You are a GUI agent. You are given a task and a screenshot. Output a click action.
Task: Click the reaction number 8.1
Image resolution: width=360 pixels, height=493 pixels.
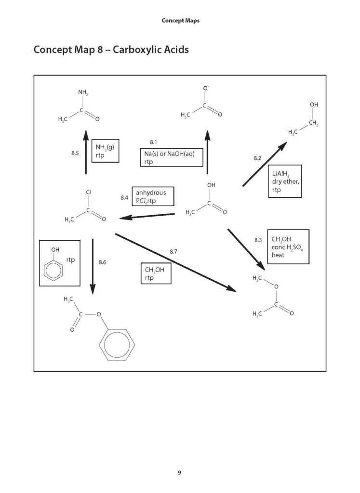pos(153,142)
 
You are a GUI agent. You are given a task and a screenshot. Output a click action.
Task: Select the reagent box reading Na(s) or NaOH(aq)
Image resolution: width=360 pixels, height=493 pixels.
pos(172,157)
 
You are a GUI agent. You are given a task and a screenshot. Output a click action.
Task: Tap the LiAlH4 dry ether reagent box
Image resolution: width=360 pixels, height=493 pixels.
pos(285,181)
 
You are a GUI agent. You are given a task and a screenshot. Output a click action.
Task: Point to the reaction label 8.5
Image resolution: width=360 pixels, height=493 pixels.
pos(75,153)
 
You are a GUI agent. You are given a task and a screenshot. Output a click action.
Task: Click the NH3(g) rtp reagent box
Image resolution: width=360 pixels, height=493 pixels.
pos(106,151)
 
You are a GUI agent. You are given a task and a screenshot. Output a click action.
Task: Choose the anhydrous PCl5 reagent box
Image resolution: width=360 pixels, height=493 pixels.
pos(153,196)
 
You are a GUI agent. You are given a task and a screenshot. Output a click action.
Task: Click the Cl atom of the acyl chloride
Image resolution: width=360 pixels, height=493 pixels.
pos(89,192)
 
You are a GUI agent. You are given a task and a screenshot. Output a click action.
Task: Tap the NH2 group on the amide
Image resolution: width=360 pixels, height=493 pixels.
pos(83,92)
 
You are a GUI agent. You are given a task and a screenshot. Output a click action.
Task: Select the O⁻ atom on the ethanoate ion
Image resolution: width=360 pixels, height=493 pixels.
pos(206,89)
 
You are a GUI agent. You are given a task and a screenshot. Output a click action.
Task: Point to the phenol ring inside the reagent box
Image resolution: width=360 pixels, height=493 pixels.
pos(53,270)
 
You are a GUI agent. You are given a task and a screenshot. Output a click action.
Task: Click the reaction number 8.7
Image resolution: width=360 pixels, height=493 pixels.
pos(173,251)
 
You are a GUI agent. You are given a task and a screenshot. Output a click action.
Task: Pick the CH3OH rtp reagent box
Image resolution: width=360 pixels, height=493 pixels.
pos(156,273)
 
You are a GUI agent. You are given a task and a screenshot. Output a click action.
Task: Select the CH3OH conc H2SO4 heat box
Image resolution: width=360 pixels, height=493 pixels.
pos(288,247)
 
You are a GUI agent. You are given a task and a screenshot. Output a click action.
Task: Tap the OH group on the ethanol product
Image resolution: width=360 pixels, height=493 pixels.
pos(314,104)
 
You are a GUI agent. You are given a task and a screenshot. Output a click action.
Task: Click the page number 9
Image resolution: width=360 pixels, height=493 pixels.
pos(179,473)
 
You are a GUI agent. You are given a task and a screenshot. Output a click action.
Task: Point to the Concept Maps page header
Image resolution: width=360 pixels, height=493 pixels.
pos(181,21)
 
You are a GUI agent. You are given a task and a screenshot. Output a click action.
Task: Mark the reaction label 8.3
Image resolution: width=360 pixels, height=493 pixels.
pos(258,240)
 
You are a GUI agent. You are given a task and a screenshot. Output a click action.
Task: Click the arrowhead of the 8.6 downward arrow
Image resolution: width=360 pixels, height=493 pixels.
pos(93,289)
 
